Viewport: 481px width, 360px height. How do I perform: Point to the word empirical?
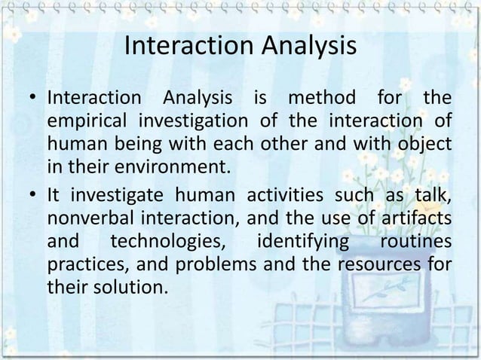click(86, 121)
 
